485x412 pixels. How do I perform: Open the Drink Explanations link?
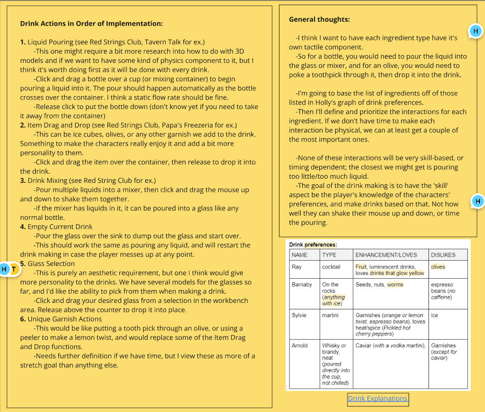[x=378, y=398]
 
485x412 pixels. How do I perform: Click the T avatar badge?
[x=14, y=269]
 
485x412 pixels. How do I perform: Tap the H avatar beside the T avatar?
[x=5, y=269]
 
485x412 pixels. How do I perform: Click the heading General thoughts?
[x=319, y=19]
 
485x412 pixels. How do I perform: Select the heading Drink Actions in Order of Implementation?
[x=91, y=23]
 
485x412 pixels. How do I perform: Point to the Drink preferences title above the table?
[x=313, y=245]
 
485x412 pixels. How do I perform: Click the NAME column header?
[x=299, y=255]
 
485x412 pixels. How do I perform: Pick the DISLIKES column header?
[x=443, y=255]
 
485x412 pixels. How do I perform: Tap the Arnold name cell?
[x=299, y=346]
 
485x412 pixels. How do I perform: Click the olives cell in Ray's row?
[x=438, y=267]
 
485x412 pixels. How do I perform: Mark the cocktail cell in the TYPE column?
[x=331, y=267]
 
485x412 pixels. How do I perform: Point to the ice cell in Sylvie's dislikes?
[x=434, y=315]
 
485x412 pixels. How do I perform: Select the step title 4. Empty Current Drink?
[x=56, y=226]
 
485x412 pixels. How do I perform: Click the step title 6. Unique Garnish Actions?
[x=61, y=319]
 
